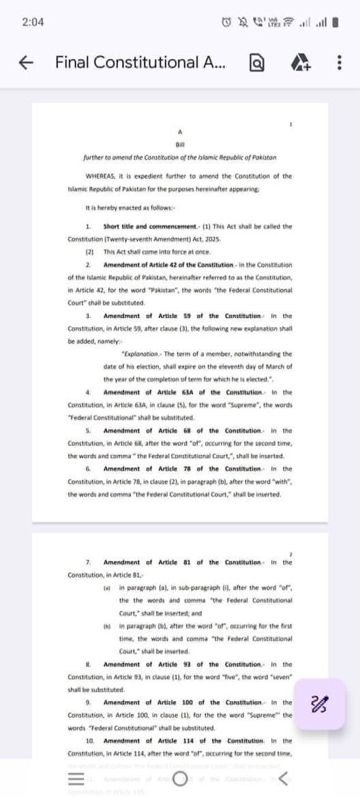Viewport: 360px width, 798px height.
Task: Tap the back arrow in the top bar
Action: pyautogui.click(x=25, y=63)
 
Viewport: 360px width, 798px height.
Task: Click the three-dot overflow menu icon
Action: pyautogui.click(x=338, y=63)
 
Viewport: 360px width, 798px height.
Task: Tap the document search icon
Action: pyautogui.click(x=257, y=63)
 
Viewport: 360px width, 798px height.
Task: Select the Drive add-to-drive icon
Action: pyautogui.click(x=301, y=63)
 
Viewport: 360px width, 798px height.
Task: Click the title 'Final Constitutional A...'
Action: pyautogui.click(x=141, y=63)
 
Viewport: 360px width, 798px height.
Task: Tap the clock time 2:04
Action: pyautogui.click(x=33, y=22)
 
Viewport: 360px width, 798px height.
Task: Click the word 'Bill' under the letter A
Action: pyautogui.click(x=181, y=144)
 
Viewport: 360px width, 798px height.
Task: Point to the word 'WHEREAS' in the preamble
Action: pyautogui.click(x=99, y=175)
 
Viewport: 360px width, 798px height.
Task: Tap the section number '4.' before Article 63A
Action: pyautogui.click(x=89, y=392)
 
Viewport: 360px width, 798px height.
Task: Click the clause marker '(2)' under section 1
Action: pyautogui.click(x=89, y=252)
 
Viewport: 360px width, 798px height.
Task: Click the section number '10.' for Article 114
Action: pyautogui.click(x=90, y=740)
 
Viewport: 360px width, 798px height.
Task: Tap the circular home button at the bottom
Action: pyautogui.click(x=180, y=779)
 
